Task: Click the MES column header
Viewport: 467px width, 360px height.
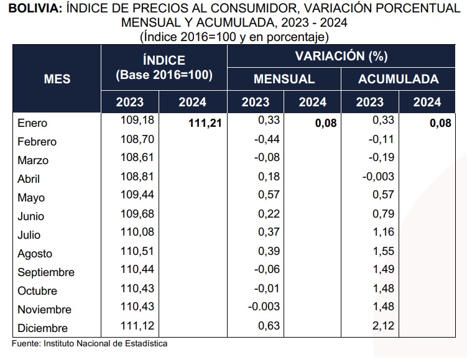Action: pyautogui.click(x=57, y=79)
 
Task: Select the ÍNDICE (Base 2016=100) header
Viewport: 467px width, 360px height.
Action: pyautogui.click(x=164, y=68)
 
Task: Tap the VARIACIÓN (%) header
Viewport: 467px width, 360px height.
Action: pyautogui.click(x=341, y=57)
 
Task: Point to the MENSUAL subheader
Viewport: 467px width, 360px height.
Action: pyautogui.click(x=284, y=79)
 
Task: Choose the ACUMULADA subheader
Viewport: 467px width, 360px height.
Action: pyautogui.click(x=398, y=79)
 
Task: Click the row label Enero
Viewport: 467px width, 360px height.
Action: pyautogui.click(x=32, y=123)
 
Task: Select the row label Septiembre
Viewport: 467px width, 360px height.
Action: pyautogui.click(x=46, y=272)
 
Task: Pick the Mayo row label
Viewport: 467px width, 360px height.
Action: pyautogui.click(x=31, y=198)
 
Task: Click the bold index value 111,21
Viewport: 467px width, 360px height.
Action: pyautogui.click(x=205, y=123)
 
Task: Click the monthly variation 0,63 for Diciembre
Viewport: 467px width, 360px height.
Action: pyautogui.click(x=269, y=325)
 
